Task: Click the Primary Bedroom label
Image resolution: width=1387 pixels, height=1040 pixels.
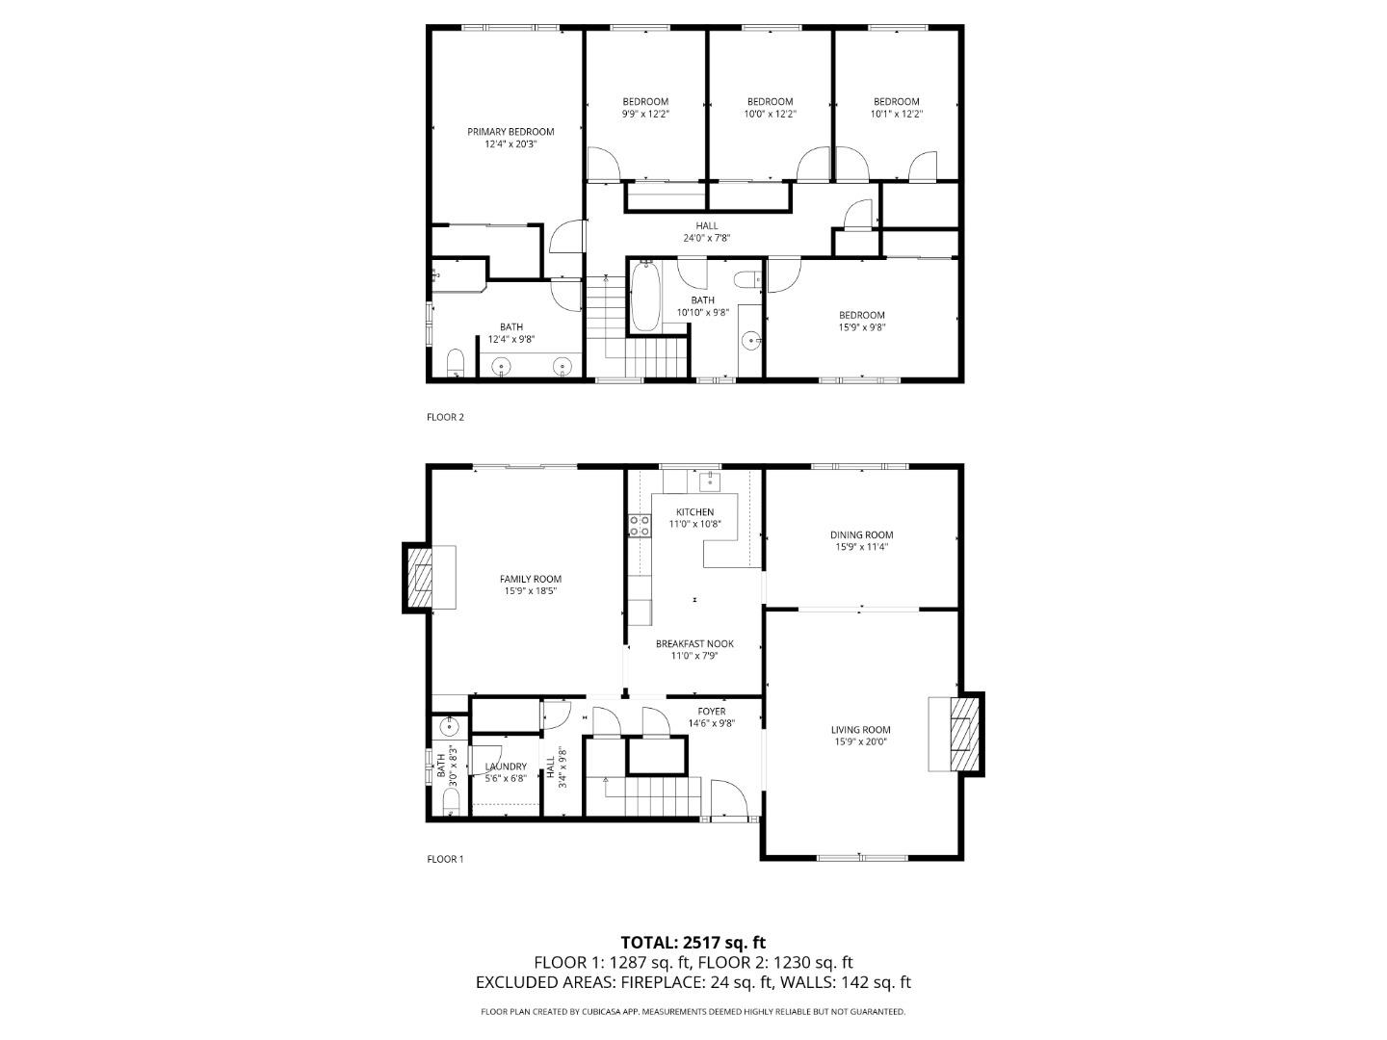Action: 510,132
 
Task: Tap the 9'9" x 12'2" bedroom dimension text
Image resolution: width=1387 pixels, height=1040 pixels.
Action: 644,114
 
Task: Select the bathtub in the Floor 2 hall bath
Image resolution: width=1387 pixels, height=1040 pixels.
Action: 644,297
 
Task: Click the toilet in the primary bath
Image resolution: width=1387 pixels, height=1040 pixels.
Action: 456,363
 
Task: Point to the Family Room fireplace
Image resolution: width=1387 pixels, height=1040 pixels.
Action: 421,577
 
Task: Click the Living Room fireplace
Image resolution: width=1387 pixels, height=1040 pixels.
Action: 964,734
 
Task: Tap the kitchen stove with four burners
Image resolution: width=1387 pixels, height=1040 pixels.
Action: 639,525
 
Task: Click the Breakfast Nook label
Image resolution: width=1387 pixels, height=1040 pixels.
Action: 694,644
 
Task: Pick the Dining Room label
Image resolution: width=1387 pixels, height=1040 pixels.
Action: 861,535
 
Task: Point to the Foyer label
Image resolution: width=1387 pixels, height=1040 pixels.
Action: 712,712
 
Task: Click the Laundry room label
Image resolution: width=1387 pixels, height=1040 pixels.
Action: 506,767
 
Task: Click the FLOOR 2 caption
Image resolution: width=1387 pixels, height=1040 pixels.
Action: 445,417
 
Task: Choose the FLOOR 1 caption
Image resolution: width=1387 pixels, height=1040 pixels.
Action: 445,859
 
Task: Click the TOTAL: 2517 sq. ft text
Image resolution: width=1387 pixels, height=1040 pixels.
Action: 693,942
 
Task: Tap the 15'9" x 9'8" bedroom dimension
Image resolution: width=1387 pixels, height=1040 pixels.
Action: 861,327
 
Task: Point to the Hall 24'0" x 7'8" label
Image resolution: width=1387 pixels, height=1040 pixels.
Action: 706,232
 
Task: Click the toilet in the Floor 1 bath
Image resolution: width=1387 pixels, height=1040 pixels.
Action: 451,801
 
